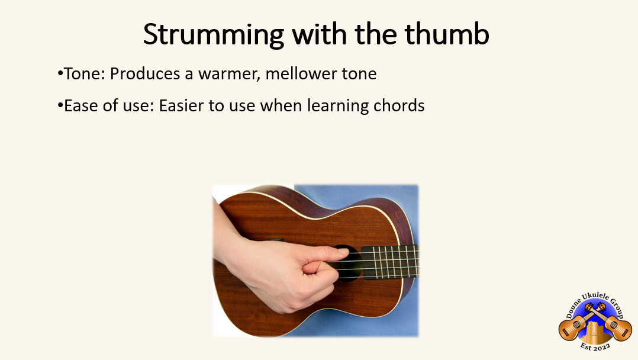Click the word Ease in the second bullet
coord(80,106)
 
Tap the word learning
coord(343,106)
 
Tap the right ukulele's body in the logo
coord(620,327)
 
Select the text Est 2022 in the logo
coord(595,346)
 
